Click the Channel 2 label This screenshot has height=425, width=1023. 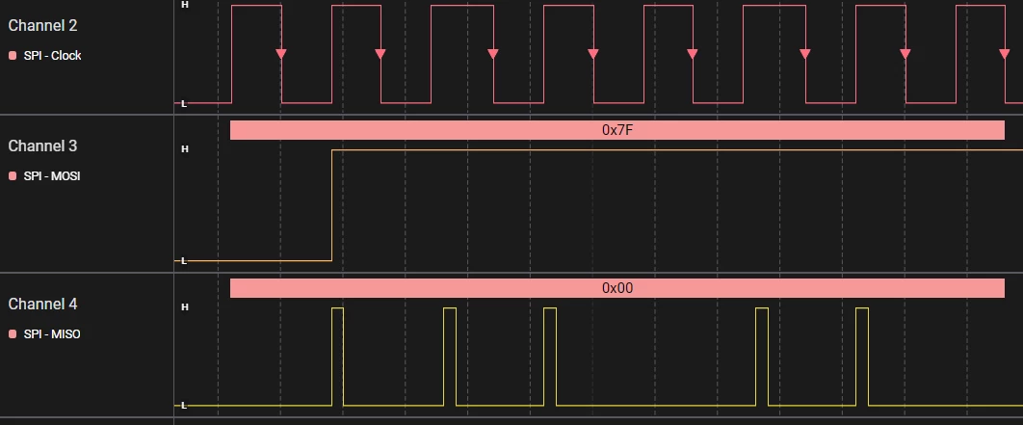click(x=42, y=26)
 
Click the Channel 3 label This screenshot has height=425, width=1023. click(x=42, y=146)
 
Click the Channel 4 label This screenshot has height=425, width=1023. click(x=42, y=305)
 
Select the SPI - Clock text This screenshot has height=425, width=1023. click(x=52, y=56)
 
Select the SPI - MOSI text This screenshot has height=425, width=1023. click(x=52, y=176)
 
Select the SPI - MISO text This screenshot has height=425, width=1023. click(x=52, y=334)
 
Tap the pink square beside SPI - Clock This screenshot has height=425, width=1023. click(x=13, y=56)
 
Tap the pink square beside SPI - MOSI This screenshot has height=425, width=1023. click(x=13, y=176)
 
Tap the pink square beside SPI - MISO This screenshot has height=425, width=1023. click(x=13, y=334)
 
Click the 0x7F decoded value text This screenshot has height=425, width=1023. click(x=617, y=130)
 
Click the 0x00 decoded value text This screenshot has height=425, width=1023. click(x=617, y=288)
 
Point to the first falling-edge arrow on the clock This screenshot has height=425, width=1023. click(x=281, y=54)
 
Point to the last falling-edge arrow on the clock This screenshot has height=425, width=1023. click(x=1005, y=54)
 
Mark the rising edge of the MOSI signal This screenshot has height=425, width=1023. click(x=332, y=205)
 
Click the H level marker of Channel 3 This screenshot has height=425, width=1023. click(x=185, y=148)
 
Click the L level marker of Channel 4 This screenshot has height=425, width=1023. click(x=183, y=406)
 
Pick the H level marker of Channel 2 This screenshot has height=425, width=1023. click(x=185, y=4)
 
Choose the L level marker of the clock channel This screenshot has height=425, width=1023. click(x=183, y=103)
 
